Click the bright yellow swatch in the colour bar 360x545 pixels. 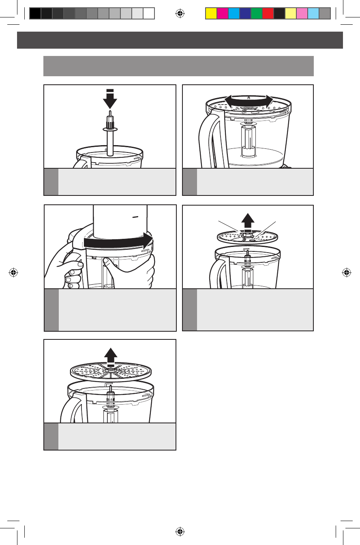click(211, 14)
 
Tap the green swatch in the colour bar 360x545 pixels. click(257, 14)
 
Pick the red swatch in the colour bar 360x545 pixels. click(268, 14)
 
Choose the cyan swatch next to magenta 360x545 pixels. click(234, 14)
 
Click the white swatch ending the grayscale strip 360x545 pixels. click(149, 14)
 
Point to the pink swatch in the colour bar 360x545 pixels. click(302, 14)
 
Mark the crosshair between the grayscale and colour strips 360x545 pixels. click(180, 14)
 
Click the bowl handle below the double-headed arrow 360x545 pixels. click(207, 138)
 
